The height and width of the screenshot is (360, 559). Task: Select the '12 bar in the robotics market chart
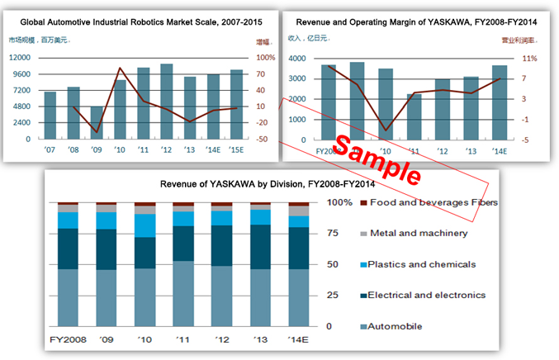(x=166, y=102)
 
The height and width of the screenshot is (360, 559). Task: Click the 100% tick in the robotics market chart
(x=266, y=58)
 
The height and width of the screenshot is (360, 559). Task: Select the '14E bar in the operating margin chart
(x=500, y=102)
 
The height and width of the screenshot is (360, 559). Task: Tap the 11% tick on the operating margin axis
(x=530, y=59)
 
